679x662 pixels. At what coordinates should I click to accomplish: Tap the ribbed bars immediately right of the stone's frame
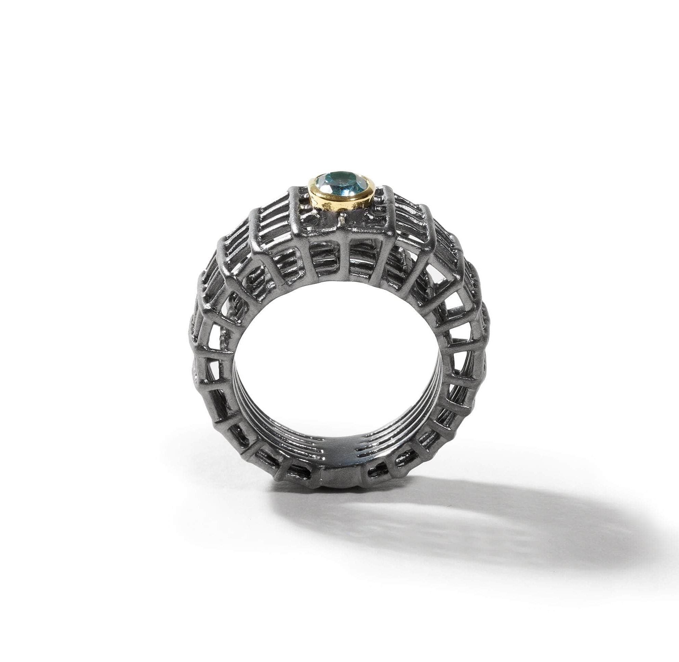[x=410, y=209]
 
